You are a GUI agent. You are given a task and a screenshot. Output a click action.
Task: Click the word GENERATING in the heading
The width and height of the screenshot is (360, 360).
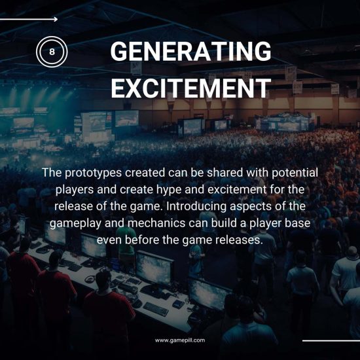point(190,52)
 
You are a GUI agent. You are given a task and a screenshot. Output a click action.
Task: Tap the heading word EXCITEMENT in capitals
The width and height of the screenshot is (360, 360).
point(190,88)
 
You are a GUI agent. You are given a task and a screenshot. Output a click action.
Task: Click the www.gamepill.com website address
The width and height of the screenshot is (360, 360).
point(179,340)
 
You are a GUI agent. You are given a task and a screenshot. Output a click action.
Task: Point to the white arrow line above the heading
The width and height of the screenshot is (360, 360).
point(29,20)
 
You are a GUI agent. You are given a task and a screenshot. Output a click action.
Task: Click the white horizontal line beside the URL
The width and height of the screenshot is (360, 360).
point(331,340)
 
